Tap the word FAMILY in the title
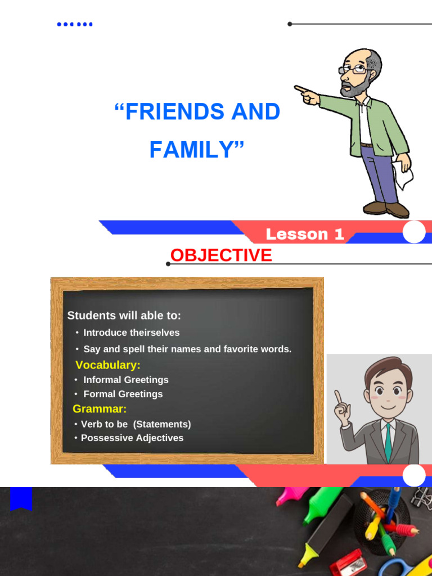click(191, 150)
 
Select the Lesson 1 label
click(304, 235)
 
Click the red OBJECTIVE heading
click(221, 255)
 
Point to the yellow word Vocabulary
click(108, 365)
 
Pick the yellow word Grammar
click(100, 409)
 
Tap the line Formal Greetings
click(123, 394)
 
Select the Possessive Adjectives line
click(132, 438)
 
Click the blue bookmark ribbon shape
click(21, 498)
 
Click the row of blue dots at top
click(75, 24)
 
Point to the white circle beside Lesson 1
click(415, 232)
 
